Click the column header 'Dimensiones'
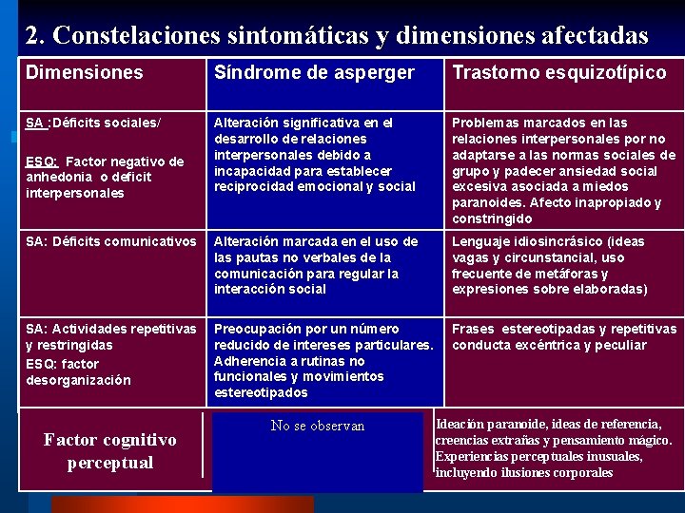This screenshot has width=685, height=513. coord(84,72)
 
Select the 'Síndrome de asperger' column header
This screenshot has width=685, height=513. coord(314,72)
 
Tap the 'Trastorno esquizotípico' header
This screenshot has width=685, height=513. coord(558,72)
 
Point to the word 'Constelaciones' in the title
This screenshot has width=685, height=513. coord(139,36)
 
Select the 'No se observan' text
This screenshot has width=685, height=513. coord(318,426)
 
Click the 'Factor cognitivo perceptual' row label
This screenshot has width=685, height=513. coord(109,451)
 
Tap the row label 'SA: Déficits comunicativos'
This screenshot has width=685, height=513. coord(110,241)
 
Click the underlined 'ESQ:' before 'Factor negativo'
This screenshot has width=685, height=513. coord(43,161)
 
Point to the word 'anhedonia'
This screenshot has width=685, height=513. coord(58,177)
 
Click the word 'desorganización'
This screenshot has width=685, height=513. coord(78,380)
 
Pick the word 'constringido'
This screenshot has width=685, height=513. coord(493,218)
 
